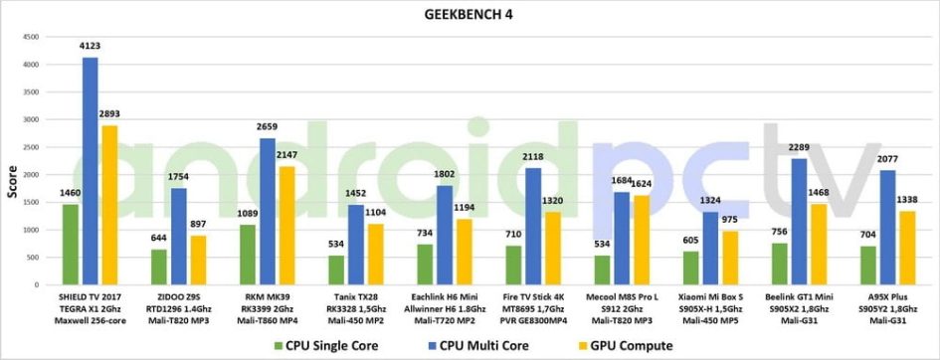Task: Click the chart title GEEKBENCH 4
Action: coord(470,14)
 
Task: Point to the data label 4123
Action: coord(91,47)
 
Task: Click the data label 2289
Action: coord(798,148)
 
